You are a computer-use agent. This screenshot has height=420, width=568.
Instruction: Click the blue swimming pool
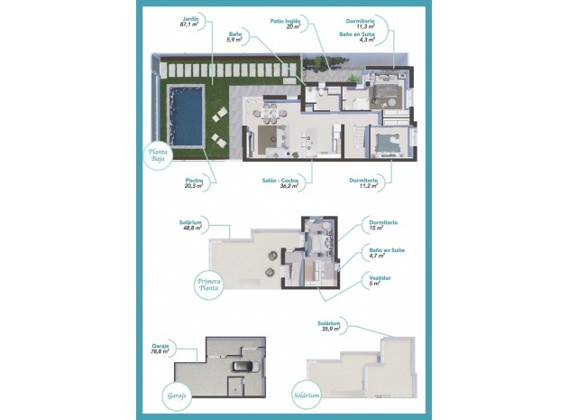coord(188,114)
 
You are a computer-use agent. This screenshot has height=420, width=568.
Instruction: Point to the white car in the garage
coord(243,368)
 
